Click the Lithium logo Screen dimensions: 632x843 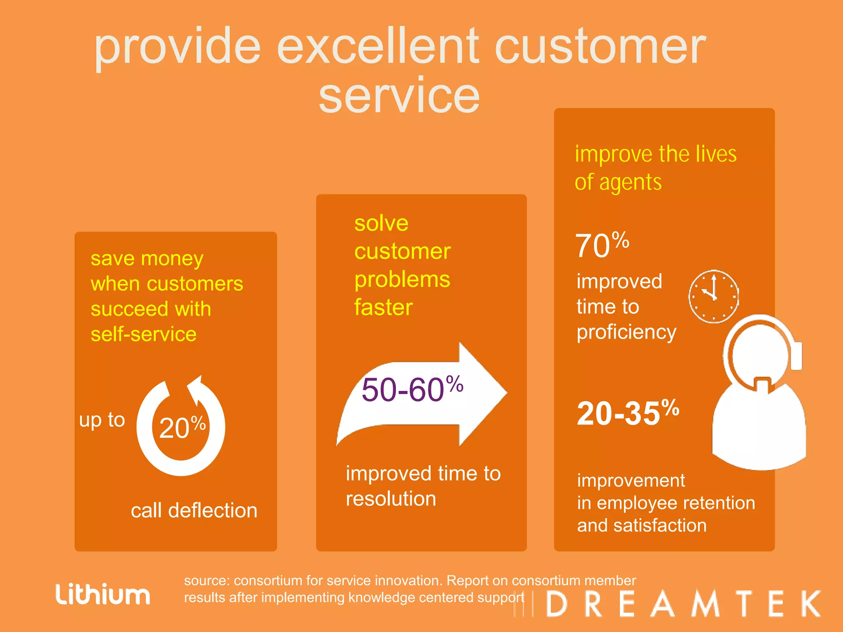pos(103,595)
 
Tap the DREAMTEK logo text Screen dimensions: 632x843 pos(683,604)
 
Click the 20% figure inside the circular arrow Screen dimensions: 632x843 pos(182,428)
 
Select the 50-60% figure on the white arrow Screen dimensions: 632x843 pos(412,389)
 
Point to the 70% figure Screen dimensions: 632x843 pos(602,246)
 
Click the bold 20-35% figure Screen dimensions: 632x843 pos(628,413)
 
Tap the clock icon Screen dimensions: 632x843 pos(713,296)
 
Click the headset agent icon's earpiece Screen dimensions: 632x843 pos(797,355)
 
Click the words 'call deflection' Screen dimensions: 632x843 pos(194,511)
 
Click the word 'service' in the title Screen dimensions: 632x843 pos(399,95)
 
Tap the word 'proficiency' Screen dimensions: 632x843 pos(626,332)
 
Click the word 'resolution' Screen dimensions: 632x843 pos(391,499)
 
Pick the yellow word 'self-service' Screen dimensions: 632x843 pos(143,334)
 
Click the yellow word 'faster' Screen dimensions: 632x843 pos(383,307)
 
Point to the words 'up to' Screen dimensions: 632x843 pos(102,420)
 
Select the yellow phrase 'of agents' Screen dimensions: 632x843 pos(618,182)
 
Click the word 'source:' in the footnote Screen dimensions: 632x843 pos(206,581)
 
